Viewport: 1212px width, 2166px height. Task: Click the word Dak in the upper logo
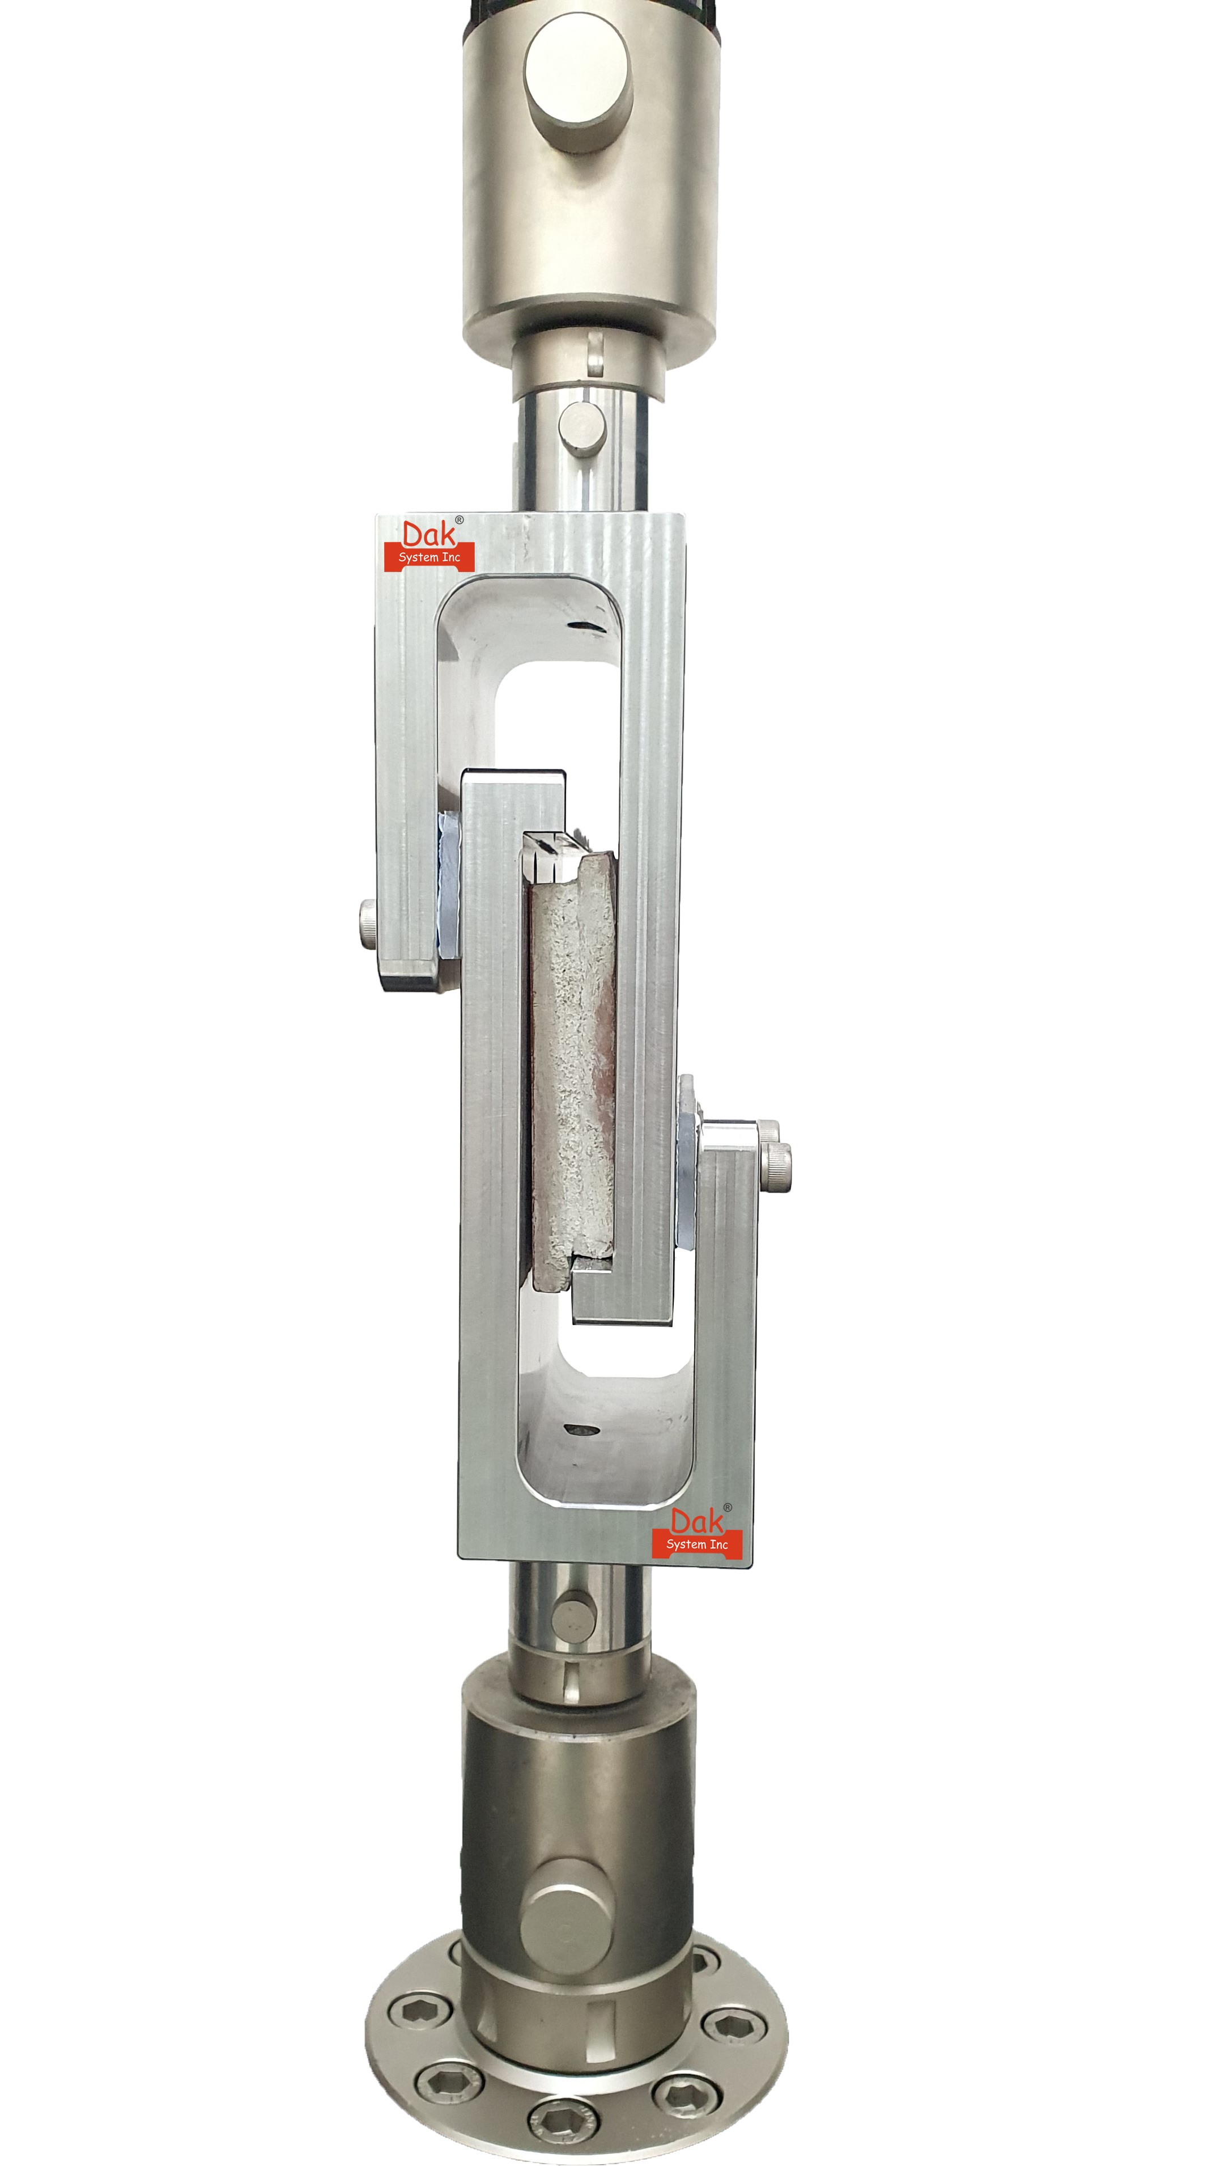click(429, 535)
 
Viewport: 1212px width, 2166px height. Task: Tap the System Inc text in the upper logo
click(429, 557)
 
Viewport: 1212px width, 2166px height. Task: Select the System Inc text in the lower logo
click(697, 1545)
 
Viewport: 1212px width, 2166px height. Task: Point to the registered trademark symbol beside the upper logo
click(459, 519)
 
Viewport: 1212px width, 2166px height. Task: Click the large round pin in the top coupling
click(579, 82)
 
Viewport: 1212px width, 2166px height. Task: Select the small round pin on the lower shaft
click(574, 1619)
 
